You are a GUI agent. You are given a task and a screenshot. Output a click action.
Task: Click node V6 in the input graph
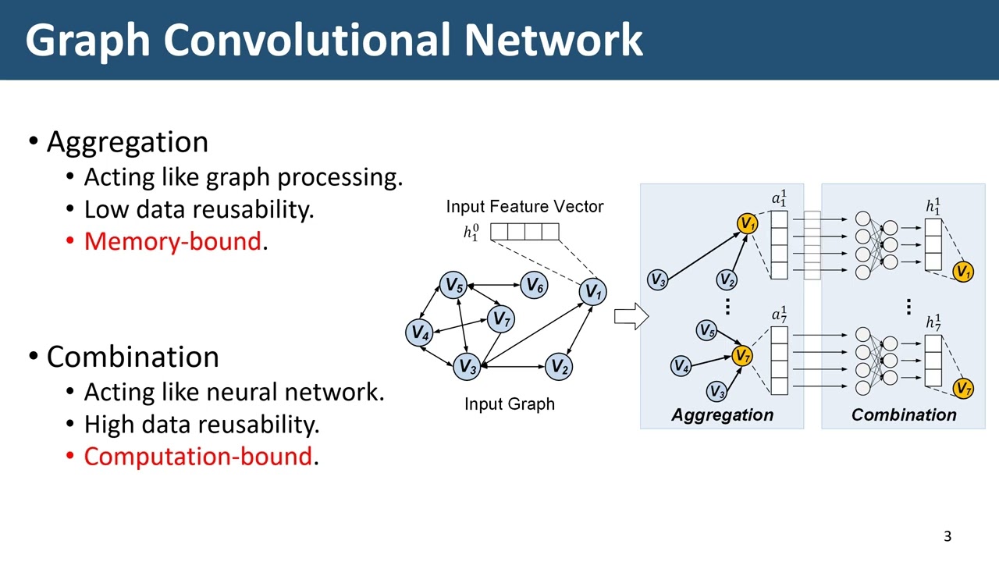coord(534,286)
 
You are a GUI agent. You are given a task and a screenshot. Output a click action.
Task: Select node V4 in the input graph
coord(419,333)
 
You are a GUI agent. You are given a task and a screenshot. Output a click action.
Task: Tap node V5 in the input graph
coord(453,286)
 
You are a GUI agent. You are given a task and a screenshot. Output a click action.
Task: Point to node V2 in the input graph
coord(559,366)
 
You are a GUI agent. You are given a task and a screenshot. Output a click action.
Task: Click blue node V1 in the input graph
coord(593,293)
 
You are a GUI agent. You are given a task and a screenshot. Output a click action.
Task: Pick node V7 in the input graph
coord(500,318)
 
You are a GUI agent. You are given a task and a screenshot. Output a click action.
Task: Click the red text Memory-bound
coord(172,241)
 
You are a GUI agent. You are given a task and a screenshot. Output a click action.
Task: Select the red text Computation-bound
coord(197,457)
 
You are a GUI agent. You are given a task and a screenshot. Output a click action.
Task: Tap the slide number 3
coord(947,536)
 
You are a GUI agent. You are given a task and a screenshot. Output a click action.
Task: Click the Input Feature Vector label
coord(524,207)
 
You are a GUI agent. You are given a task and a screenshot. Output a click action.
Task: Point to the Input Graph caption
coord(510,404)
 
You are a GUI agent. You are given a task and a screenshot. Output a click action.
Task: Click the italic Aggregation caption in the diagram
coord(722,415)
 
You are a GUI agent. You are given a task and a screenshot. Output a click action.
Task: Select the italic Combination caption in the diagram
coord(904,415)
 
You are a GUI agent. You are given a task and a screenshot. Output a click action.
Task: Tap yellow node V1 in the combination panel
coord(963,272)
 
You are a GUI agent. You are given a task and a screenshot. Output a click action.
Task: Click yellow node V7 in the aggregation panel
coord(742,357)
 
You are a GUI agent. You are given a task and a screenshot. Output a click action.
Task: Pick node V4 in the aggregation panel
coord(681,365)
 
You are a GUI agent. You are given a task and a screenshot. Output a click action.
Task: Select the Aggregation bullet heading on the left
coord(127,142)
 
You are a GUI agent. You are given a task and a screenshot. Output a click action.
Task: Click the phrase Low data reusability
coord(198,209)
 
